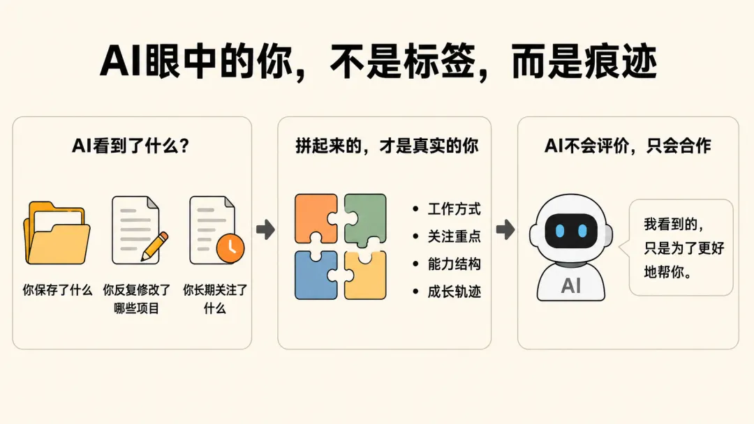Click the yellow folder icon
coord(57,234)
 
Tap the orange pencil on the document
coord(154,247)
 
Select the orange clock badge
coord(230,248)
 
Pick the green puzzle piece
coord(365,219)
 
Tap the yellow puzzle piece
coord(365,275)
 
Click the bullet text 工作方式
coord(454,209)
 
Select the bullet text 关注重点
coord(454,236)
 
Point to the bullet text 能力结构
coord(454,264)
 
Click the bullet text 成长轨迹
coord(454,291)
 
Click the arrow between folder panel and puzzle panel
coord(265,229)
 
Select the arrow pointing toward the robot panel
coord(505,229)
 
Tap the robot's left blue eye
coord(560,231)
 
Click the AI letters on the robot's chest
coord(571,286)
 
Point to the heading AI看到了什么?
coord(131,146)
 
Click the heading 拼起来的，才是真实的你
coord(387,146)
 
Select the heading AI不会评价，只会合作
coord(628,146)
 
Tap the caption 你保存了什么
coord(57,290)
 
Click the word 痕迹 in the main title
coord(620,61)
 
